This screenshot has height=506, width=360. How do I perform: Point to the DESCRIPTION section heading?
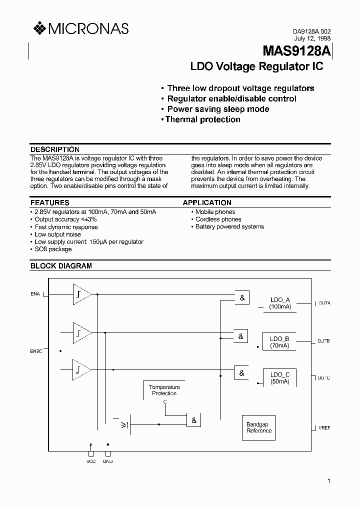(x=55, y=149)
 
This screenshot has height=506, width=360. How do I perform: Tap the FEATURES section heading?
(x=50, y=202)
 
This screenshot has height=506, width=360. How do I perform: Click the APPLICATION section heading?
(x=207, y=202)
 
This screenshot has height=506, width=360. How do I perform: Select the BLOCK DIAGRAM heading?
(x=61, y=266)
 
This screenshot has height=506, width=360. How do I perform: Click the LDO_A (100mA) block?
(x=279, y=303)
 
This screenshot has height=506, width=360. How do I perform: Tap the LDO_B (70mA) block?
(x=279, y=341)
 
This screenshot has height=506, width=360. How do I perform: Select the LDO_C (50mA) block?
(x=279, y=378)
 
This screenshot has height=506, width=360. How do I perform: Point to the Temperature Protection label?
(x=164, y=390)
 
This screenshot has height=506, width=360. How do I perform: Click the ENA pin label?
(x=35, y=294)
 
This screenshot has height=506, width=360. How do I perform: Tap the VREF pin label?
(x=324, y=428)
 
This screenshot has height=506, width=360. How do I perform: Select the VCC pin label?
(x=90, y=461)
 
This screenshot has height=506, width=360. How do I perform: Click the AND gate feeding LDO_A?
(x=242, y=298)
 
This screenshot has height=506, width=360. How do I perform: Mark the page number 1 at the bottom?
(x=328, y=481)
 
